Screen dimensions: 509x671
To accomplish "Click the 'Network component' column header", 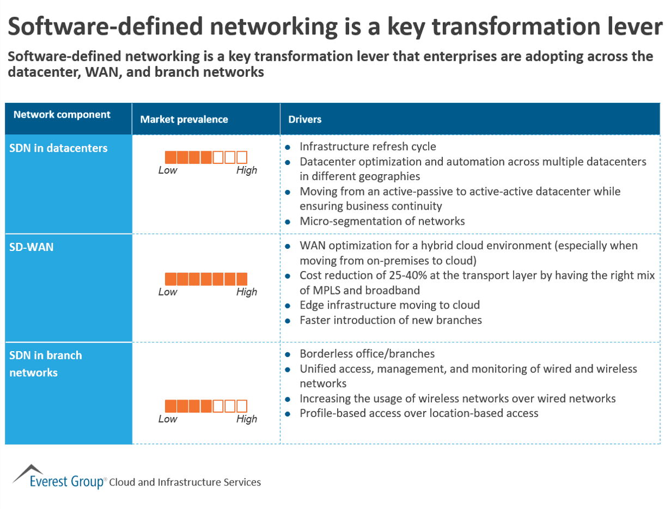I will click(x=62, y=115).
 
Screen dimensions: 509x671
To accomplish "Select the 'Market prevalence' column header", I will click(x=184, y=120).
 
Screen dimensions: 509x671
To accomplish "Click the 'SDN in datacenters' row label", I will click(x=58, y=148).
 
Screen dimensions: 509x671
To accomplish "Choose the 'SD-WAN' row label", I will click(x=31, y=247).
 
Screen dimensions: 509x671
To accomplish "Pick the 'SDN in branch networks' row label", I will click(x=46, y=364).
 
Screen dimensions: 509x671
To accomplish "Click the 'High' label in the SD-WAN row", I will click(x=246, y=292).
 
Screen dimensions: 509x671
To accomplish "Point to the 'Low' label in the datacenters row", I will click(x=168, y=170).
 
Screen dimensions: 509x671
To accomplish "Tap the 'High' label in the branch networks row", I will click(x=246, y=419).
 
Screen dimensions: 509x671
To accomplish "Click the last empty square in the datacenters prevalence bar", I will click(x=242, y=158).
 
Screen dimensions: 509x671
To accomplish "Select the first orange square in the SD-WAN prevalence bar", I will click(x=170, y=279).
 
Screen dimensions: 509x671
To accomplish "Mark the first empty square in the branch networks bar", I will click(x=218, y=406).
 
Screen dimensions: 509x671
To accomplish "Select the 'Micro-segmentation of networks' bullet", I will click(x=382, y=221).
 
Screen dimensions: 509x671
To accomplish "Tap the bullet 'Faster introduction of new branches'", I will click(x=391, y=320).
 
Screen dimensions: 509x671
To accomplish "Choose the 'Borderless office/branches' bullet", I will click(x=367, y=354).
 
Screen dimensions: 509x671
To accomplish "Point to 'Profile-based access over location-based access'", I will click(x=419, y=413).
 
